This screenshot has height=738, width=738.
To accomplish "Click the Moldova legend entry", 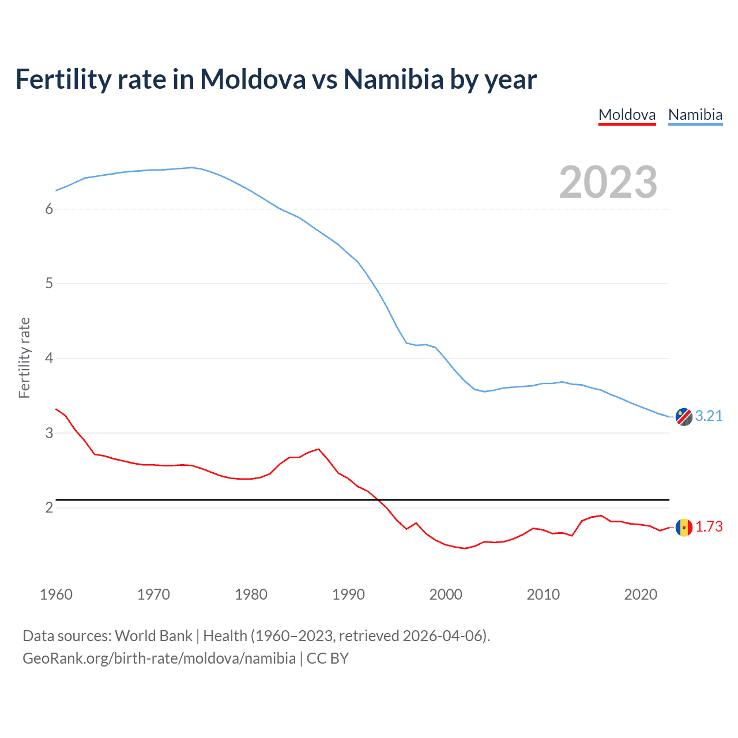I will point(627,115).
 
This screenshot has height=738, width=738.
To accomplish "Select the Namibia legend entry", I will point(695,115).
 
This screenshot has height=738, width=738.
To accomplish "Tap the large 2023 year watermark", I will point(608,182).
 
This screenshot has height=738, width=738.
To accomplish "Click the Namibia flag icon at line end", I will point(684,416).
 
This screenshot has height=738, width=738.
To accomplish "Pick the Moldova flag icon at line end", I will point(684,527).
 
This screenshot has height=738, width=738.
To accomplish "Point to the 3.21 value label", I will point(709,416).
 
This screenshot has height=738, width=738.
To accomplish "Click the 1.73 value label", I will point(709,527).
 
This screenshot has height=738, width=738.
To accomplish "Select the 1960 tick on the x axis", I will point(56,594).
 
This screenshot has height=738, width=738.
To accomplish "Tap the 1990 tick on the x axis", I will point(348,594).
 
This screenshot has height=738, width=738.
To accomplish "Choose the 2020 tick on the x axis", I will point(641,594).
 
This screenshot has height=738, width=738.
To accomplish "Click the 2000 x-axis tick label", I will point(446,594).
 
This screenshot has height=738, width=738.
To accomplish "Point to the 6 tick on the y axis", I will point(49,209).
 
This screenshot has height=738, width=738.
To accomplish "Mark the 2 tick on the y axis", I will point(49,507).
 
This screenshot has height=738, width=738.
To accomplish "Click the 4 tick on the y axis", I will point(49,359).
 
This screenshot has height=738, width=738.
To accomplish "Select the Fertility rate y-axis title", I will point(24,357).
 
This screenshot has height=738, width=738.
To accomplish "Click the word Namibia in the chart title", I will point(393,79).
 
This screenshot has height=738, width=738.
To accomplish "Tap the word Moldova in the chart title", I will point(253,79).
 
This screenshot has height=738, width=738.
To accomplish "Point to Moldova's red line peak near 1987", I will point(318,449).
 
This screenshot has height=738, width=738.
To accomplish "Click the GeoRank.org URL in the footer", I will point(159,658).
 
